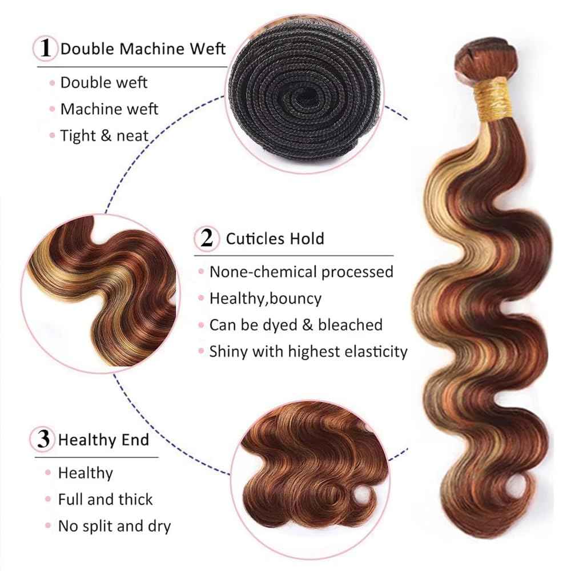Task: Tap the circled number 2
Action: click(x=207, y=238)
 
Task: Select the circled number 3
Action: click(x=43, y=440)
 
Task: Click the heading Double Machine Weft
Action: click(x=143, y=48)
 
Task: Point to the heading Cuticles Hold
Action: click(x=275, y=238)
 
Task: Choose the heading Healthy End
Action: click(x=104, y=440)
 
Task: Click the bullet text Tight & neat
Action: click(x=104, y=135)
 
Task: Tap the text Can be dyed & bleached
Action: click(x=295, y=324)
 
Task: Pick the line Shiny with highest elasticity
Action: click(x=308, y=351)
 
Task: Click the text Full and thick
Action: click(x=106, y=499)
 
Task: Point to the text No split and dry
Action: click(x=114, y=525)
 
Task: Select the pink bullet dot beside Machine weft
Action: click(x=51, y=109)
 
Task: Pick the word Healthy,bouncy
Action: click(x=265, y=297)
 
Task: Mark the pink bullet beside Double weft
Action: click(x=51, y=83)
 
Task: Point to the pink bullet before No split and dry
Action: click(x=49, y=526)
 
